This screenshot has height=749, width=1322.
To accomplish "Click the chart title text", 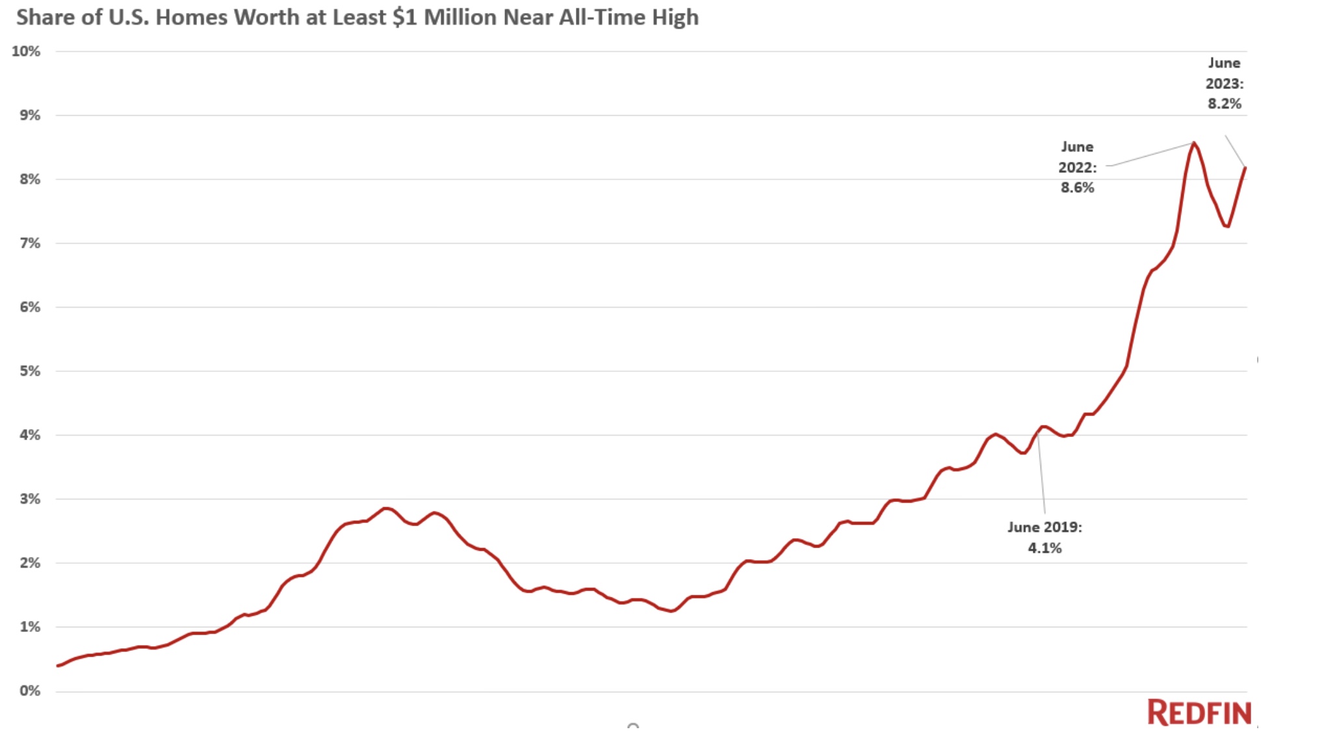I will (357, 18).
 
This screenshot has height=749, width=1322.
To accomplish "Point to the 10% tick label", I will (26, 51).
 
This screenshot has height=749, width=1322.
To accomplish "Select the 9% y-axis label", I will (29, 115).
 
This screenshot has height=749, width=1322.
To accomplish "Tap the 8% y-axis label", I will (29, 179).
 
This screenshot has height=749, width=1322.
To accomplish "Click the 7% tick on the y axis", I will (29, 243).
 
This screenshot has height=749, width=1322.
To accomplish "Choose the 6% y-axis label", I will (29, 307).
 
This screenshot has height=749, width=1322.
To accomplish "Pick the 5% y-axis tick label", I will (29, 371).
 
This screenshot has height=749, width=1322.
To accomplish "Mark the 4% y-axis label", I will (29, 435).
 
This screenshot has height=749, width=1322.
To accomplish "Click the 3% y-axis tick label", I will (29, 499).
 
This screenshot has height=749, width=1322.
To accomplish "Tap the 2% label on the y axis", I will (29, 563).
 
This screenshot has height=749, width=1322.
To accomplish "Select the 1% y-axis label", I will (29, 627).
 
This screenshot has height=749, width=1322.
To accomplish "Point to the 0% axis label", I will (29, 690).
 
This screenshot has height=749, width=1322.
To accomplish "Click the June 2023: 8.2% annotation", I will (1225, 83).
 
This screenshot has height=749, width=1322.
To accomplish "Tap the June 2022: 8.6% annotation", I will (1078, 167).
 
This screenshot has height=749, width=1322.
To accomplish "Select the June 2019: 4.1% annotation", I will (1044, 537).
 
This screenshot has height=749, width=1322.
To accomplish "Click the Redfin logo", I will (1199, 713).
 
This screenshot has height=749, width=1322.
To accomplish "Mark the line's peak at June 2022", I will (1194, 143).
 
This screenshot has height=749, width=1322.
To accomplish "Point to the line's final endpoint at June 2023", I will (1245, 168).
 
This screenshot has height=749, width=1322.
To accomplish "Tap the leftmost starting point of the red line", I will (58, 666).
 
